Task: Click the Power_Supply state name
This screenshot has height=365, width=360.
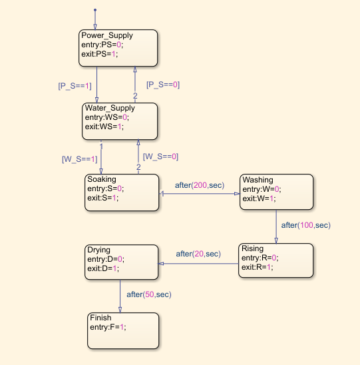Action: coord(106,35)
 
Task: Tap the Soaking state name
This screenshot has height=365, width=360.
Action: coord(101,180)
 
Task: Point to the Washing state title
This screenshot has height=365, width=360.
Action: coord(258,180)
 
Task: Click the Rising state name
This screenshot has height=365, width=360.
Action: coord(252,249)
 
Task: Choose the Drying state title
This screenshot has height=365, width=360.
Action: coord(98,250)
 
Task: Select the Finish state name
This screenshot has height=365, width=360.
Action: coord(101,318)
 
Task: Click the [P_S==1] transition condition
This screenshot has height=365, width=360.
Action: coord(75,85)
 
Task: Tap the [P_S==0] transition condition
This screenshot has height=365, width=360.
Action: coord(163,85)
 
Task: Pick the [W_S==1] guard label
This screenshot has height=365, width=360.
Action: coord(79,159)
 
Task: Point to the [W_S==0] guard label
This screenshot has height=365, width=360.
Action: coord(160,157)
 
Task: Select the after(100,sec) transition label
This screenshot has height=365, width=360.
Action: coord(305,225)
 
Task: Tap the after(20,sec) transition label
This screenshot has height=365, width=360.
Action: coord(198,254)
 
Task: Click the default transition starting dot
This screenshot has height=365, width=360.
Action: coord(95,10)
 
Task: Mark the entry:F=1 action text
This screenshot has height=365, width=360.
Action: coord(108,327)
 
